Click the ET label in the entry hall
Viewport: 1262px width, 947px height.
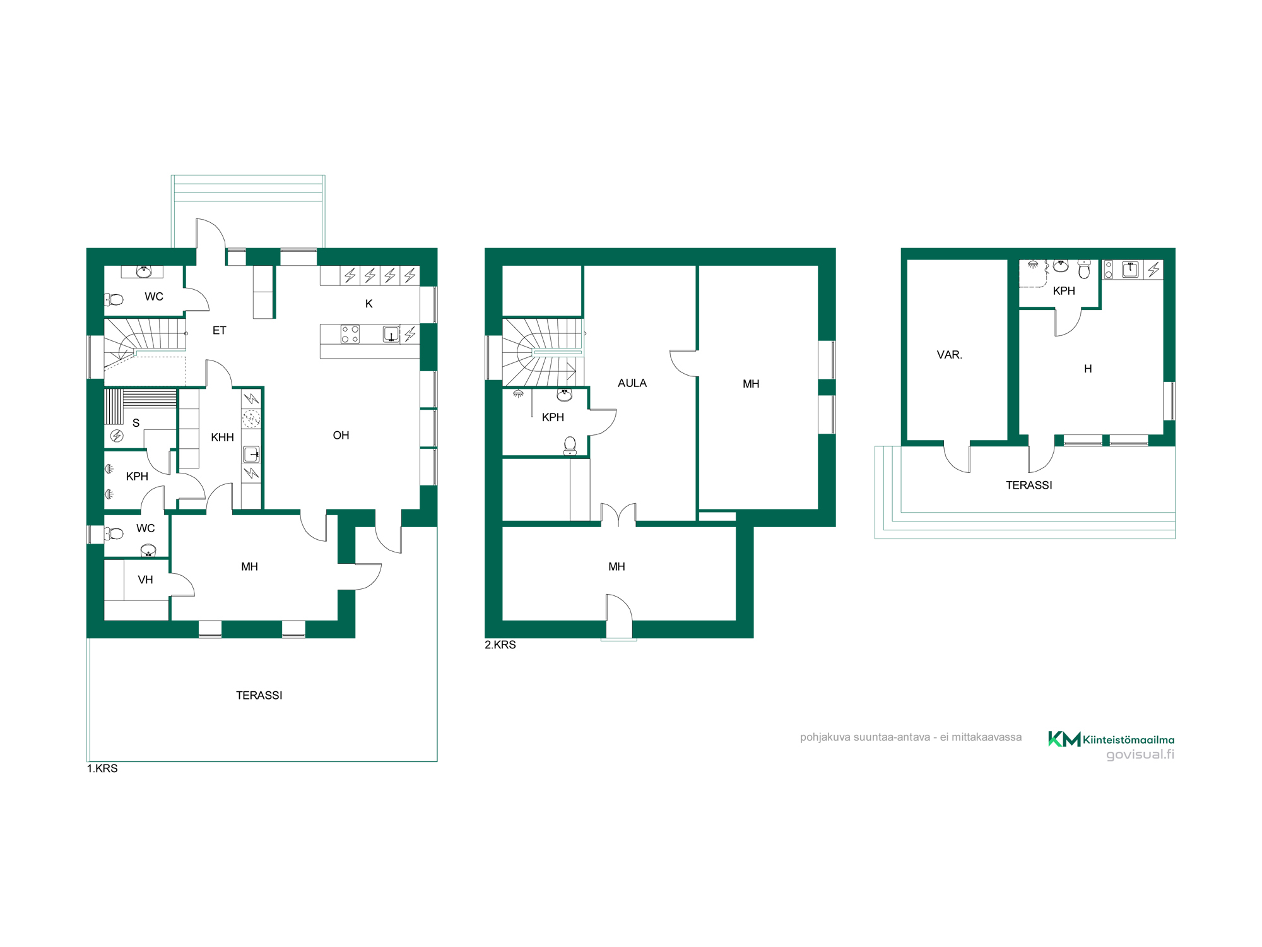click(x=219, y=330)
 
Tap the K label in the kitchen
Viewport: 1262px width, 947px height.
click(x=369, y=304)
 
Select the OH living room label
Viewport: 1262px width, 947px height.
click(x=341, y=435)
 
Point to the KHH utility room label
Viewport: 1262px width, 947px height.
click(x=222, y=437)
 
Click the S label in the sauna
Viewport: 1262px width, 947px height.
click(x=136, y=423)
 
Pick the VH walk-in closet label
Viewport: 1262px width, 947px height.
click(x=145, y=580)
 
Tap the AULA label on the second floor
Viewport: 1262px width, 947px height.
click(x=632, y=383)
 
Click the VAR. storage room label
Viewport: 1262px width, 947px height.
click(x=950, y=355)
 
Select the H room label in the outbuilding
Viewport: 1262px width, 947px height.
click(x=1088, y=369)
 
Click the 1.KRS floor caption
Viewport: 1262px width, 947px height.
click(x=102, y=768)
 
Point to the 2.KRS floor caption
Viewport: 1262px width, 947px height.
click(x=500, y=645)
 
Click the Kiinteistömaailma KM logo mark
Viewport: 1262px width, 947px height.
click(x=1064, y=739)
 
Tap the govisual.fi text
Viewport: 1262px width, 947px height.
click(x=1140, y=754)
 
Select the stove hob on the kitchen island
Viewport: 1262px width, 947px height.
click(x=350, y=334)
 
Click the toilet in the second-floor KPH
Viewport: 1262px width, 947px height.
click(x=570, y=446)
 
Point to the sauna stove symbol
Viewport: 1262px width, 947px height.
click(x=117, y=436)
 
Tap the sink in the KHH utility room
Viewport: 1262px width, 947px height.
click(x=251, y=454)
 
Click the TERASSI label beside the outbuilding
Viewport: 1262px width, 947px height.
click(x=1029, y=485)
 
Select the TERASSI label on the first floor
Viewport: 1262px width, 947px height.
click(x=259, y=695)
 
